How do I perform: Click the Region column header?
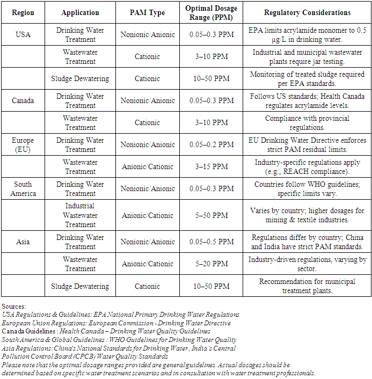(23, 13)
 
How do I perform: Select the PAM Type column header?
(148, 13)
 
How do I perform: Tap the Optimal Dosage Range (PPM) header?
(212, 13)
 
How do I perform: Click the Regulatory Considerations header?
(308, 13)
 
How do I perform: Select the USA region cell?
(23, 34)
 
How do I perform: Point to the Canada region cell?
(23, 100)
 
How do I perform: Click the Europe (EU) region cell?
(23, 145)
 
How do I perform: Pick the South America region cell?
(23, 189)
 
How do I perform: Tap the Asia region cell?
(23, 242)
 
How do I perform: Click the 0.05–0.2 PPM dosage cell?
(212, 145)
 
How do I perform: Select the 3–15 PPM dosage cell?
(212, 167)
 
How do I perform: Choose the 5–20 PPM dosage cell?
(212, 264)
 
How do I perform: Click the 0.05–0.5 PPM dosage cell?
(212, 242)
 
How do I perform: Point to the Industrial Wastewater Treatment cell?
(80, 215)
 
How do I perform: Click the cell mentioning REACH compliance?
(308, 167)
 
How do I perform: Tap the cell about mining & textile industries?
(308, 215)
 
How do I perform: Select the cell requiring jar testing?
(308, 57)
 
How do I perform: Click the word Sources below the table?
(13, 307)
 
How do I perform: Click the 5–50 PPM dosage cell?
(212, 215)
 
